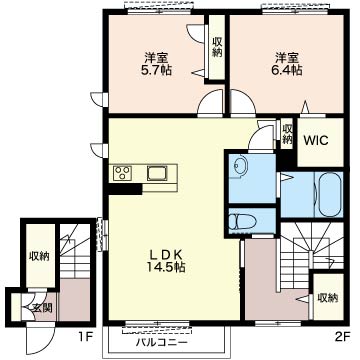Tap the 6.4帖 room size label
click(x=290, y=70)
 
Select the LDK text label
click(x=165, y=255)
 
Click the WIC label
click(x=315, y=140)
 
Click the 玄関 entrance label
click(x=42, y=308)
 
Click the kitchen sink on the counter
click(x=157, y=173)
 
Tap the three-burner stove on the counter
click(x=122, y=173)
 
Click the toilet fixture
click(x=242, y=221)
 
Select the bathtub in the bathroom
click(x=330, y=195)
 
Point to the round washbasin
click(x=240, y=164)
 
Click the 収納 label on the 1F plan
click(x=39, y=256)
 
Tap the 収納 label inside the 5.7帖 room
click(x=217, y=47)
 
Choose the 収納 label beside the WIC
click(x=287, y=134)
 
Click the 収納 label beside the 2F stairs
click(x=328, y=298)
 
